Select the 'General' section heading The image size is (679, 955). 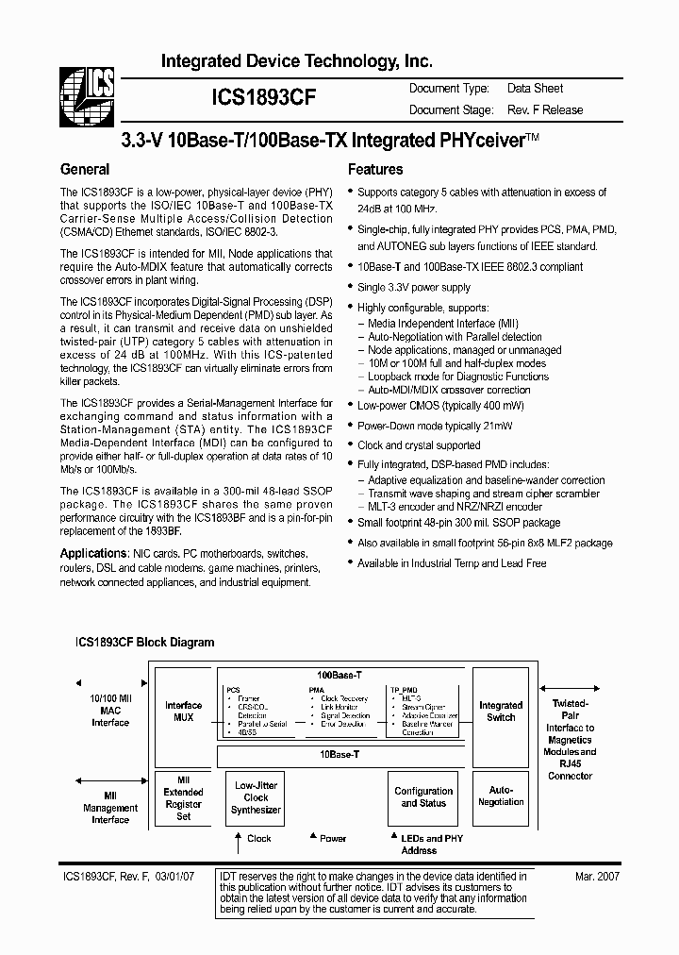(x=85, y=170)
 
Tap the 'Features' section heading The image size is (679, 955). (x=375, y=170)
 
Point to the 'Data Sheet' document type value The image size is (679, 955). (x=535, y=89)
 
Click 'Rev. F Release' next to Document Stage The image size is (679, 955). (x=545, y=110)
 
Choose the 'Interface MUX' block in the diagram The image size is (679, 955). (x=184, y=712)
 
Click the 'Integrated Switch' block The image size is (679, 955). (x=501, y=712)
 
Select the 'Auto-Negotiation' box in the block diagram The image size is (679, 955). (x=501, y=796)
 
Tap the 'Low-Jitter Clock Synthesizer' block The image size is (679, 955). (x=257, y=797)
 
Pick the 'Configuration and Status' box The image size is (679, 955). (x=423, y=797)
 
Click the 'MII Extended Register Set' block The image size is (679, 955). (x=184, y=798)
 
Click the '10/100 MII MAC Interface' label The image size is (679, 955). (x=110, y=711)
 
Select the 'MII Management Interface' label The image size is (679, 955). (x=110, y=808)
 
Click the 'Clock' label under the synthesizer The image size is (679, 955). (x=258, y=838)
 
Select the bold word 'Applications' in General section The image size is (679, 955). (x=93, y=553)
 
